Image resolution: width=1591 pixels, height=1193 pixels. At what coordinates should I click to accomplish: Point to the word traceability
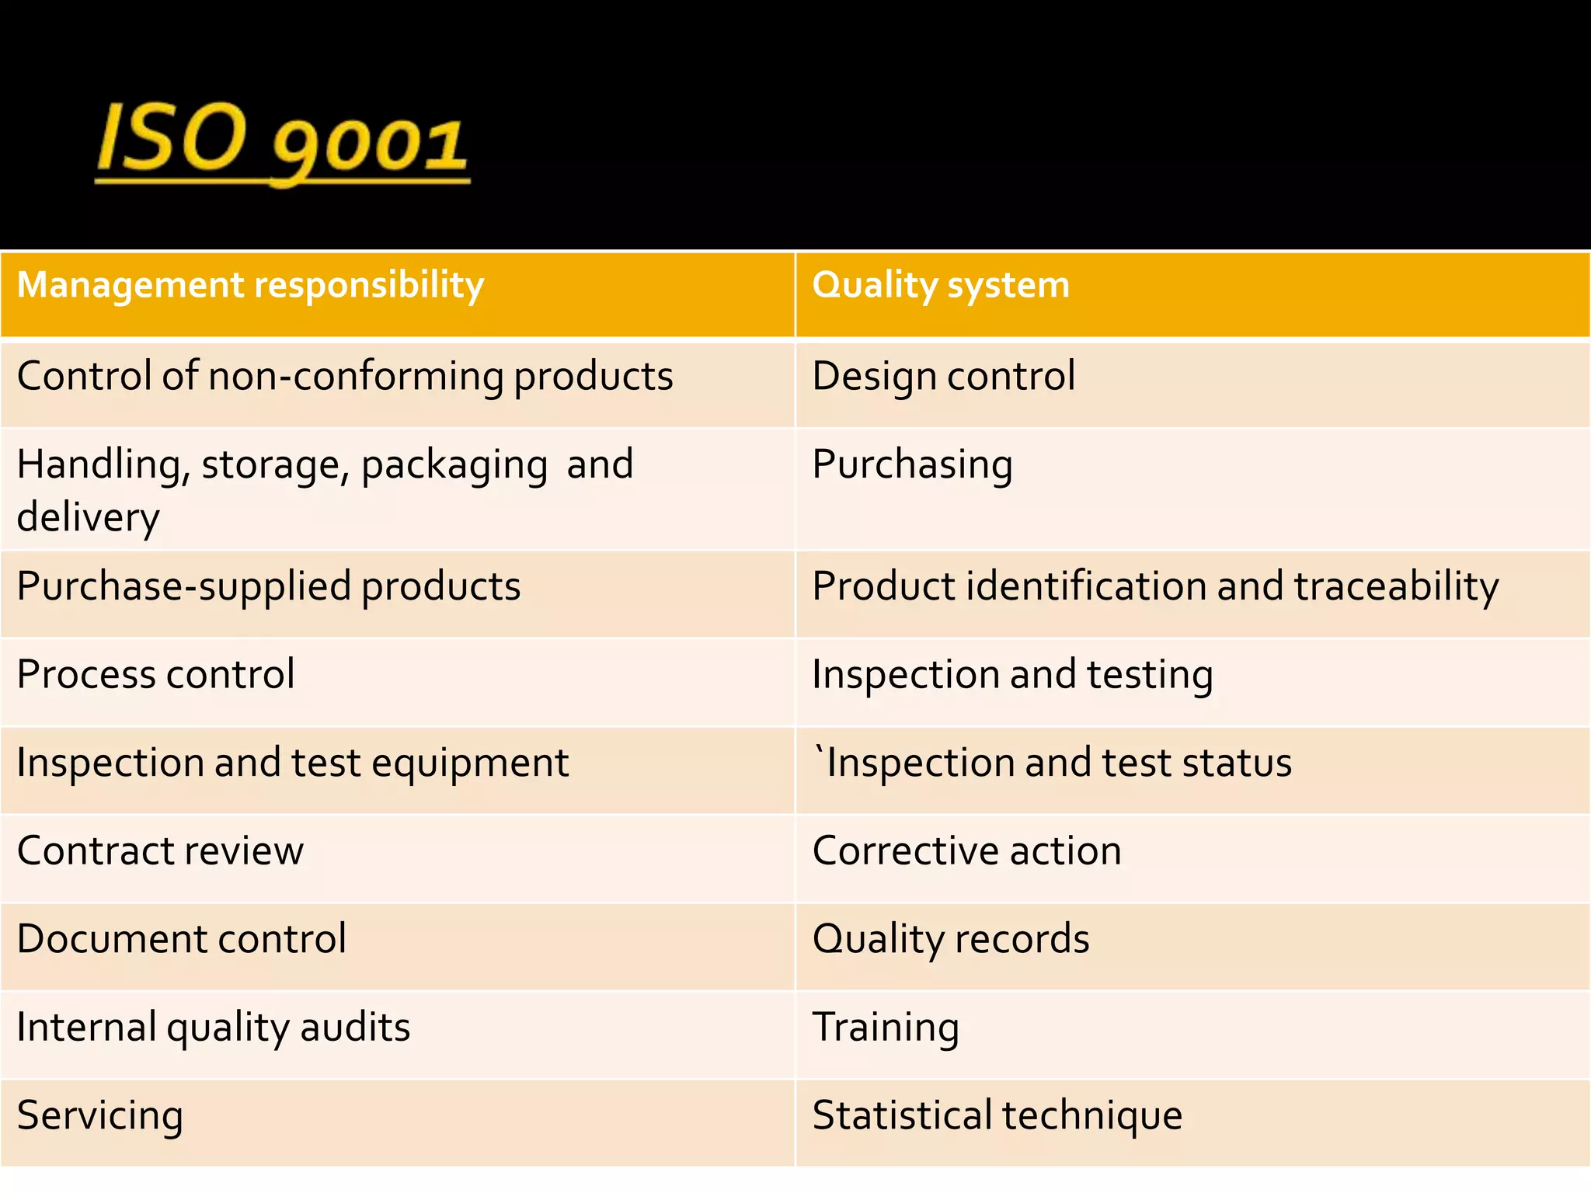[1396, 586]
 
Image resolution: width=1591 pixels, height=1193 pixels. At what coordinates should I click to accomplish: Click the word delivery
[88, 517]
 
